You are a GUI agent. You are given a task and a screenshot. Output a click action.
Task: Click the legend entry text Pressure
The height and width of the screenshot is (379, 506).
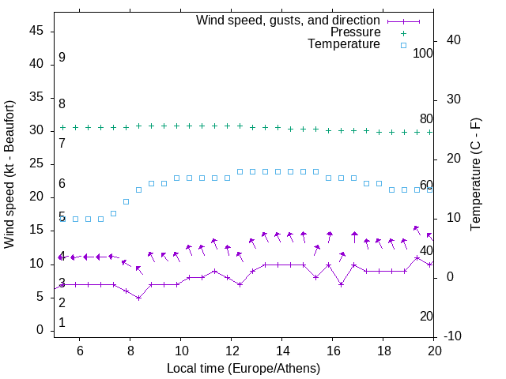point(356,32)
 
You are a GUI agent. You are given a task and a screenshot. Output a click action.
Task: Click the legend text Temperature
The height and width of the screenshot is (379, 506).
point(344,44)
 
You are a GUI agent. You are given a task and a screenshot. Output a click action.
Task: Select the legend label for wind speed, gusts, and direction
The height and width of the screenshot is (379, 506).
point(288,20)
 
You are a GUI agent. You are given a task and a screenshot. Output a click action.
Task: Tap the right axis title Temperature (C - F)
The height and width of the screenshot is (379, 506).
point(475,174)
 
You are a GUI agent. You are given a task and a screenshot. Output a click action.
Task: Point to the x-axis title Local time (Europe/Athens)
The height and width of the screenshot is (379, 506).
point(244,369)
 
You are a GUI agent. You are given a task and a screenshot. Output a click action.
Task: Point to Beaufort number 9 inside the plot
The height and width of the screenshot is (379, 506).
point(62,58)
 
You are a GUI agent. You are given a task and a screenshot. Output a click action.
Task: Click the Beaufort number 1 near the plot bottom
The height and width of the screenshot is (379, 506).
point(62,323)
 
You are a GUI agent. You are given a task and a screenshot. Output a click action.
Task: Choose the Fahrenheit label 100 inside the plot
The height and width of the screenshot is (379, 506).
point(423,53)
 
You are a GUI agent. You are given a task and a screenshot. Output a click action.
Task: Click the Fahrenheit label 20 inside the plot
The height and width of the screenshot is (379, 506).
point(426,316)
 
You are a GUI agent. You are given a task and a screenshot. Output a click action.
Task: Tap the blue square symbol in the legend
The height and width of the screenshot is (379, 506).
point(403,45)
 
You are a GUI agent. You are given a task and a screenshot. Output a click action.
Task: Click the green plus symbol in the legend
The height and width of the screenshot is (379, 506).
point(403,33)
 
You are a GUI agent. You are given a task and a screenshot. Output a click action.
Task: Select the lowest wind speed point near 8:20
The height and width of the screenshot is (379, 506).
point(138,298)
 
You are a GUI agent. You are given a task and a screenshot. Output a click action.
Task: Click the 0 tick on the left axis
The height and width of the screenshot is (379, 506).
point(40,330)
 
